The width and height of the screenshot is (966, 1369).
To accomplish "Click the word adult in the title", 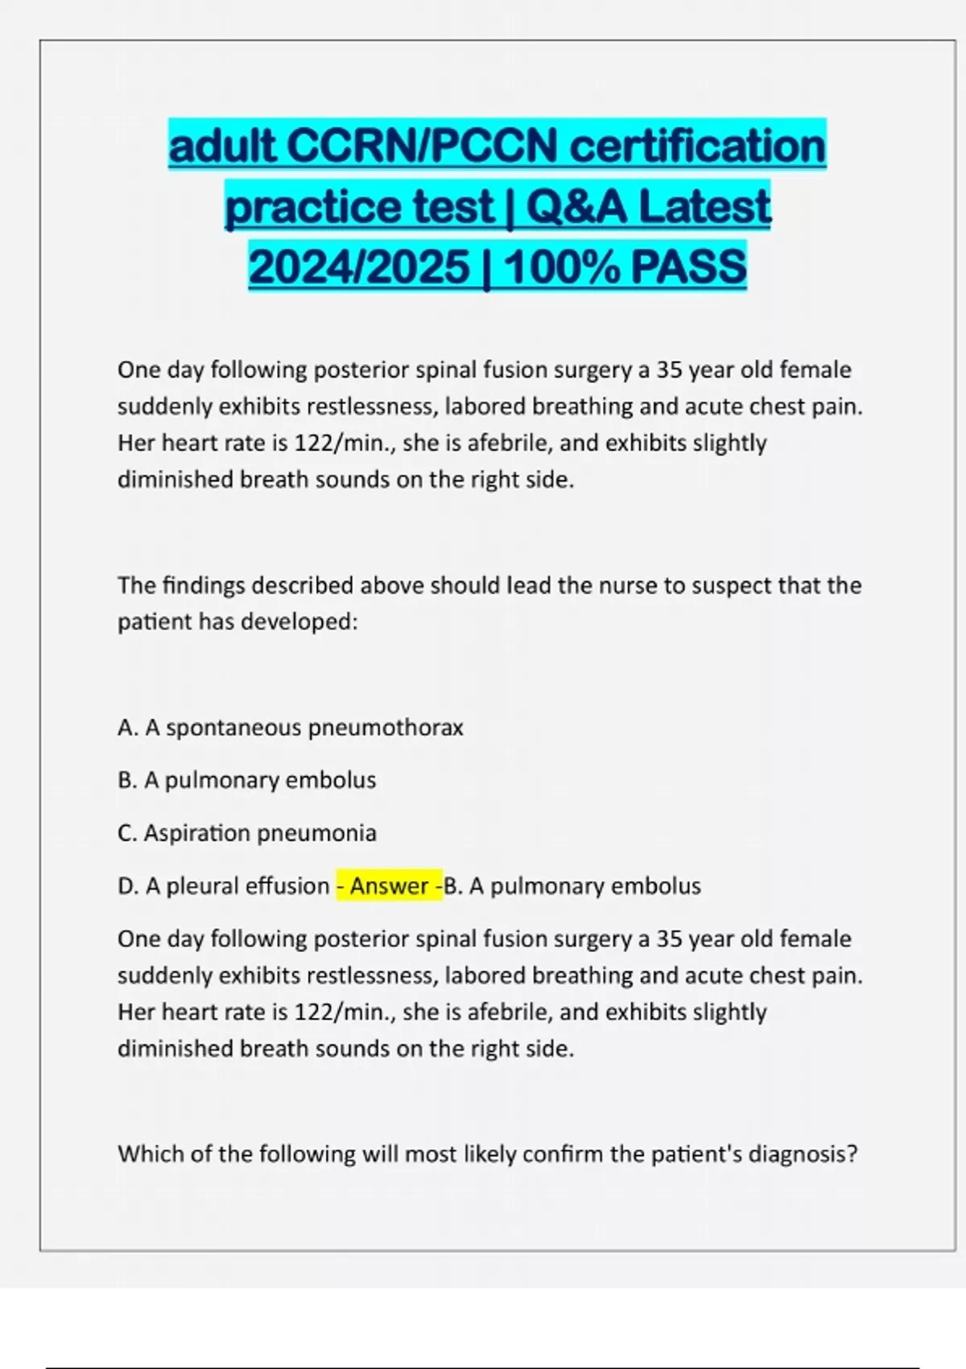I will tap(221, 146).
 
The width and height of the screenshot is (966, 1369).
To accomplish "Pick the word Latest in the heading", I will tap(704, 206).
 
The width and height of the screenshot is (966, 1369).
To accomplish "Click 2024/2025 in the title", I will tap(359, 267).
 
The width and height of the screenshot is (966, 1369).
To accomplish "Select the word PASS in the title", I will tap(688, 267).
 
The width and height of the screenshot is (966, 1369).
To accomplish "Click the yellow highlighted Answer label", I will tap(389, 886).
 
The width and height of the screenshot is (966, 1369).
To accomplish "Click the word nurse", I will tap(628, 585).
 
